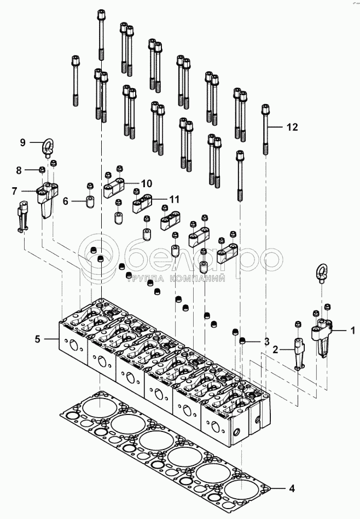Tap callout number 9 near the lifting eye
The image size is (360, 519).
click(x=23, y=143)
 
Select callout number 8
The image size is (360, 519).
click(x=19, y=170)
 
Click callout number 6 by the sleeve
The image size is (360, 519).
click(x=66, y=201)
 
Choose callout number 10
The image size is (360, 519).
click(x=147, y=182)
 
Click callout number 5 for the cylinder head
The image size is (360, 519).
click(x=38, y=339)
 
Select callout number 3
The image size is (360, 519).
click(x=266, y=342)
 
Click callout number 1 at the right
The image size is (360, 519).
click(x=352, y=330)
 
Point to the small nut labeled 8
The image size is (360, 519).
click(x=42, y=170)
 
